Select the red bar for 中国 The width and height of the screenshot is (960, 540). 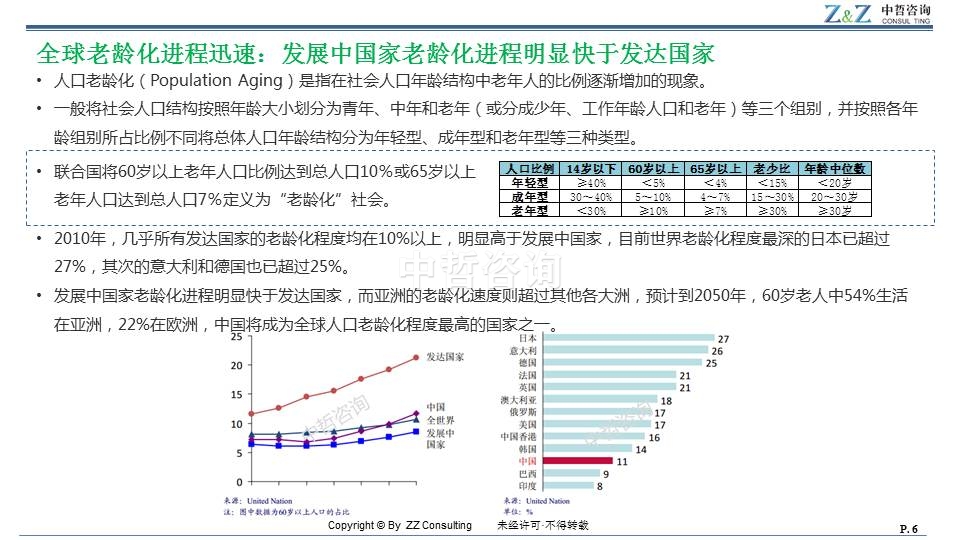point(577,462)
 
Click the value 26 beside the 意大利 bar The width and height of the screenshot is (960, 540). point(717,351)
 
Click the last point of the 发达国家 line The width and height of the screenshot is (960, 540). point(416,358)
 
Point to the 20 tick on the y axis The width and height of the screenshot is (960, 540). point(236,365)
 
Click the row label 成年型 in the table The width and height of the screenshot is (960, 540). point(529,197)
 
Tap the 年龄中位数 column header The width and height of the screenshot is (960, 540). point(835,169)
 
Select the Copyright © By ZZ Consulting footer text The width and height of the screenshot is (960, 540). point(399,526)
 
